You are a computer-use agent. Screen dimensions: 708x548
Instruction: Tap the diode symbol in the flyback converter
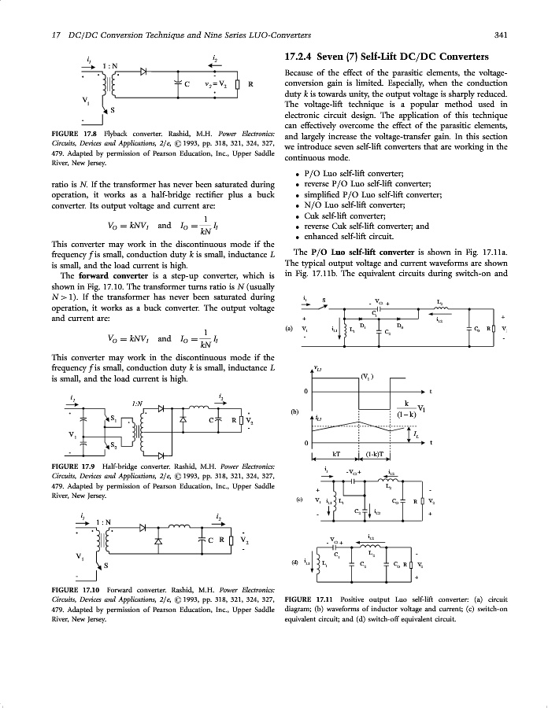(144, 71)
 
